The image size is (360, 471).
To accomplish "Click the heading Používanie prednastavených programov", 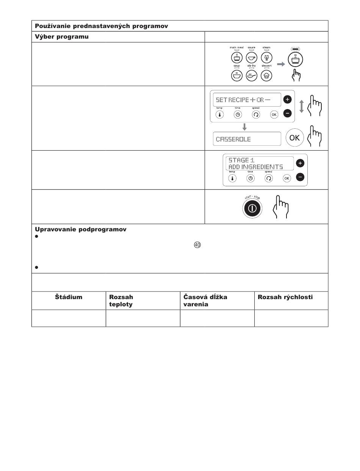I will click(101, 26).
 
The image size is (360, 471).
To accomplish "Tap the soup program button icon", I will click(236, 75).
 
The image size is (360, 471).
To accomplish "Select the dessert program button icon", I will click(266, 75).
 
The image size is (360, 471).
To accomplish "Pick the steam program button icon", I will click(266, 58).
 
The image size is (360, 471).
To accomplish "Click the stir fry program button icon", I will click(251, 75).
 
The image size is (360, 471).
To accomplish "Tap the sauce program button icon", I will click(251, 58).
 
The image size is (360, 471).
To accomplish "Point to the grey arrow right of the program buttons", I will click(281, 64).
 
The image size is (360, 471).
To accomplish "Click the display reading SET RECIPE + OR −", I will click(247, 100).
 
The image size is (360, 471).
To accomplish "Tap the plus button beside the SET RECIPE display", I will click(288, 100).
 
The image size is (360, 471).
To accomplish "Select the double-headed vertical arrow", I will click(302, 106).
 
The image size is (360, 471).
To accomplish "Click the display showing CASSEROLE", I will click(247, 139).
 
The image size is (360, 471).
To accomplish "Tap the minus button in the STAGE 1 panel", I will click(300, 177).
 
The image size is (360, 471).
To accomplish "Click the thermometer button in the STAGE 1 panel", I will click(232, 178).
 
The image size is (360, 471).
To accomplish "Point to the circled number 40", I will click(197, 245).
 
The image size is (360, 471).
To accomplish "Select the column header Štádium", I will click(68, 297).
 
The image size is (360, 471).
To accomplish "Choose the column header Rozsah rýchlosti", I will click(285, 297).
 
